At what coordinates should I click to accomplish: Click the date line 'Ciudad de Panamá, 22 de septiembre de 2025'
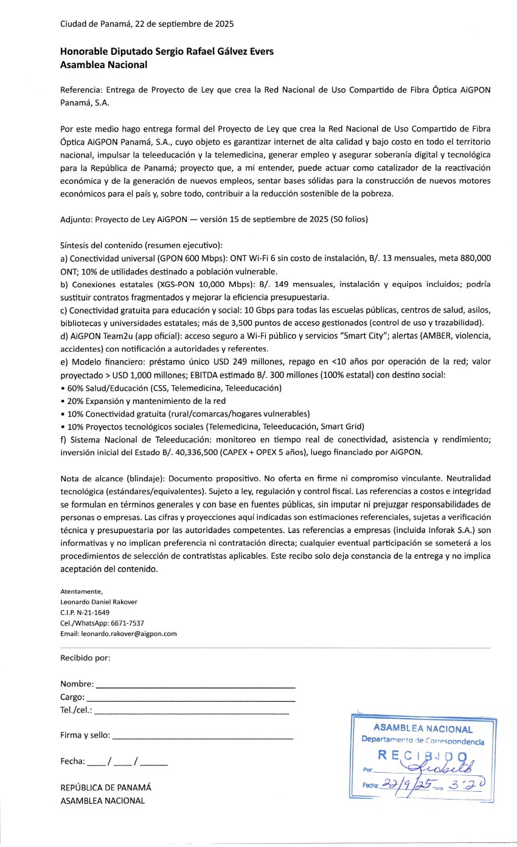click(147, 24)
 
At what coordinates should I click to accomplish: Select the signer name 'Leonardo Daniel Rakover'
click(99, 602)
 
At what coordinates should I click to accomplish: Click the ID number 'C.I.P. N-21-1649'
click(85, 612)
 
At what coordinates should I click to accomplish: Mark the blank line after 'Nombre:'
click(195, 686)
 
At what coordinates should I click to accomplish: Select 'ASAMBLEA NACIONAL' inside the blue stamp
click(423, 728)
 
